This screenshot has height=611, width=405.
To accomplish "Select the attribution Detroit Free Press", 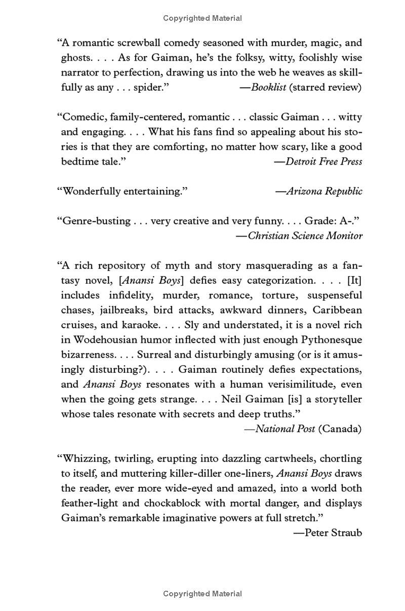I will [323, 161].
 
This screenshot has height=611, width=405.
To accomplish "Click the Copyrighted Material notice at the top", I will [202, 18].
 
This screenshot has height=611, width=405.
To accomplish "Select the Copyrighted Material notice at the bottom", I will [202, 593].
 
